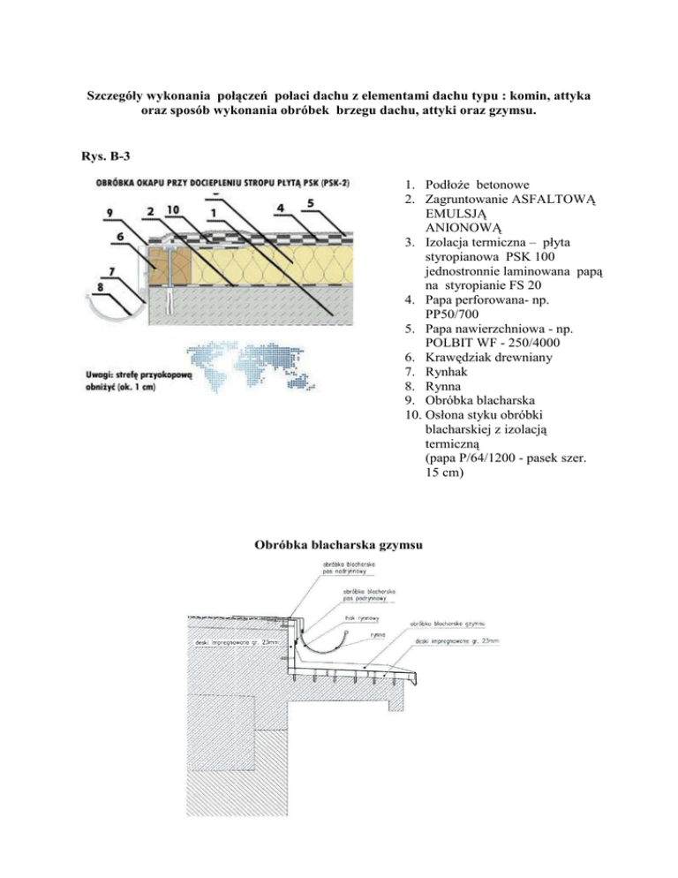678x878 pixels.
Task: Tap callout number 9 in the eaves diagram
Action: (109, 212)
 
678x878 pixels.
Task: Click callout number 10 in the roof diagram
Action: (172, 212)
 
